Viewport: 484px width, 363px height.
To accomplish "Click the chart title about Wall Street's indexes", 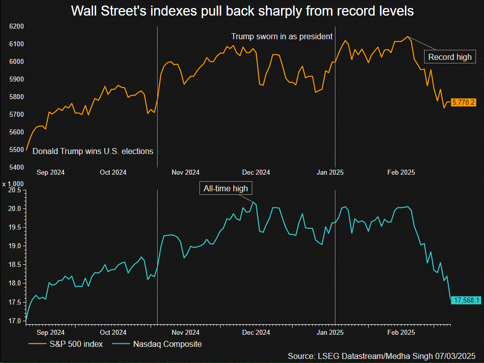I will point(242,11).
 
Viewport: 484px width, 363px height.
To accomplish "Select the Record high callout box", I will point(450,57).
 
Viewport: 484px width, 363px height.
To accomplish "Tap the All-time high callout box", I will point(225,189).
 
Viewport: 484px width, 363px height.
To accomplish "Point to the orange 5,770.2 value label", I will point(463,102).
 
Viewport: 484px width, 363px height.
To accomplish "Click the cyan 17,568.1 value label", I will point(467,300).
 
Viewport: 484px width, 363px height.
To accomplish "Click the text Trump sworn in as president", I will point(282,36).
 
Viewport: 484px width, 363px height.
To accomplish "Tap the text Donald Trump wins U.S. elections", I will point(93,151).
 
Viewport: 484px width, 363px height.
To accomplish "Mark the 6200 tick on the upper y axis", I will point(16,26).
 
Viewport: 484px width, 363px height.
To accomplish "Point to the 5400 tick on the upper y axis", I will point(16,167).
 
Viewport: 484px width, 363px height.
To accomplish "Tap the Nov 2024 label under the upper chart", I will point(185,172).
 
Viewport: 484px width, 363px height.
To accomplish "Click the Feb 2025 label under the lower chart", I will point(401,333).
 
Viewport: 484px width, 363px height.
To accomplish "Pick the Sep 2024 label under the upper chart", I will point(50,172).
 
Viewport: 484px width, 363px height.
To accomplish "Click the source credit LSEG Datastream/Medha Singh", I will point(382,356).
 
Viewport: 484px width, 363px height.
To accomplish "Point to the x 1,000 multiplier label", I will point(14,184).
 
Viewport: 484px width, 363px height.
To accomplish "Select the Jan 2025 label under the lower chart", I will point(330,333).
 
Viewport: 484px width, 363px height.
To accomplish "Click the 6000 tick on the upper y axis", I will point(16,61).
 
